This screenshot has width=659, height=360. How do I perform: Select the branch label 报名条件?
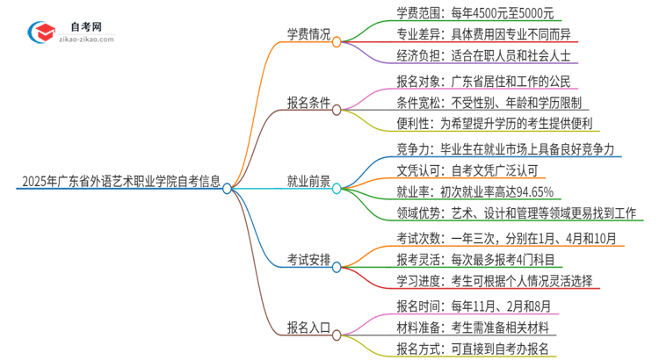(308, 104)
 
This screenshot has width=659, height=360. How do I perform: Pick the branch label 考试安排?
(308, 260)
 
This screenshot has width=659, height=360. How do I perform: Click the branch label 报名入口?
(308, 329)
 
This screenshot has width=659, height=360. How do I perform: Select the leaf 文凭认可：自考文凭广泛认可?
(458, 169)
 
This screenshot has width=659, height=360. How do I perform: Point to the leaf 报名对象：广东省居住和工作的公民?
(472, 82)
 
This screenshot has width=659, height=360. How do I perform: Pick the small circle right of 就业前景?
(338, 187)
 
